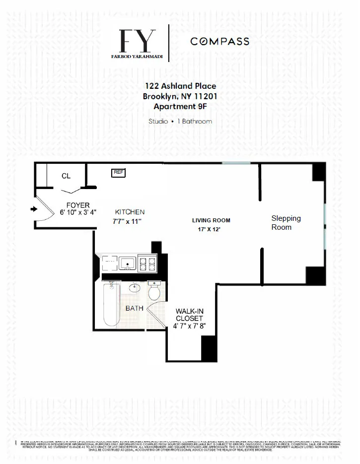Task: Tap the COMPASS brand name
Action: point(220,42)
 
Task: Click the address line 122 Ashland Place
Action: point(180,86)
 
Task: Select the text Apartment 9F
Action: point(180,106)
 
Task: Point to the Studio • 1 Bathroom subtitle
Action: point(180,121)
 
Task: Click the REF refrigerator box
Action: point(118,172)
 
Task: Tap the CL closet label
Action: point(66,176)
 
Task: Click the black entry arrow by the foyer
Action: point(34,209)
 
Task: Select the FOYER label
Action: point(78,205)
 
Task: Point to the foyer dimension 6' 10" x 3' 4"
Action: point(78,212)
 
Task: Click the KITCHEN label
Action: point(130,212)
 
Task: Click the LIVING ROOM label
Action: point(212,220)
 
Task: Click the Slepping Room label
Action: point(286,222)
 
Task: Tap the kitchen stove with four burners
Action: point(147,263)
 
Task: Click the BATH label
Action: point(134,308)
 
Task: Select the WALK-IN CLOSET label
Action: point(189,315)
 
